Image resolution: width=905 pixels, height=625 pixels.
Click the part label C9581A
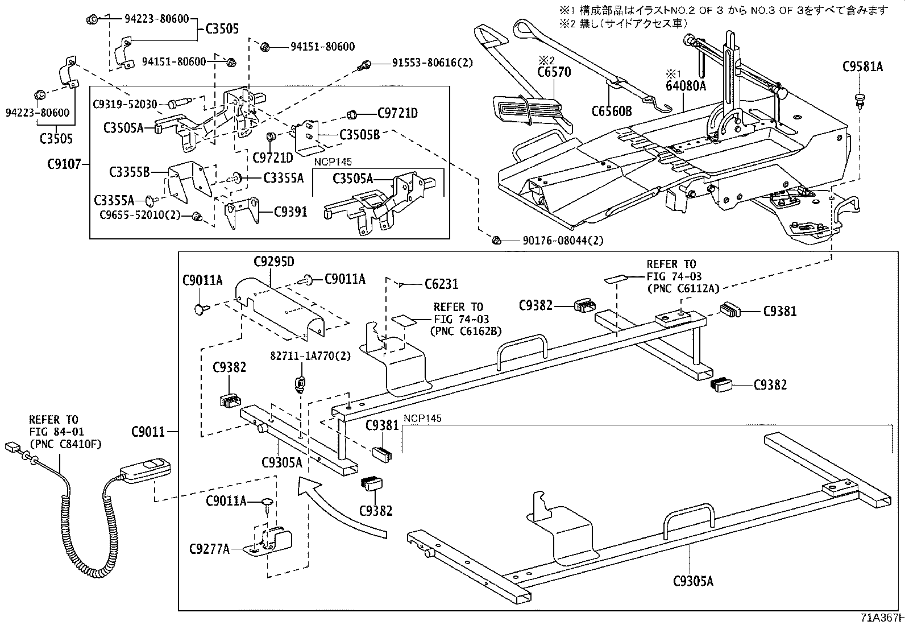(862, 67)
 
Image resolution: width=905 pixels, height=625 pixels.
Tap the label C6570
(554, 72)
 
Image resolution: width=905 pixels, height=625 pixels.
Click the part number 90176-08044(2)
(563, 241)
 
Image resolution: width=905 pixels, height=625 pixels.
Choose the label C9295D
(274, 262)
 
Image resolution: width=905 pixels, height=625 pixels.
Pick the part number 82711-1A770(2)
(310, 356)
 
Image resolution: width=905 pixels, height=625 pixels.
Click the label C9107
(66, 165)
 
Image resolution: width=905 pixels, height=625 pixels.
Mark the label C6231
(441, 284)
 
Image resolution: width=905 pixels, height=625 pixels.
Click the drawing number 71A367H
(882, 618)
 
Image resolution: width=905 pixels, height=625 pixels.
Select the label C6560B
(611, 111)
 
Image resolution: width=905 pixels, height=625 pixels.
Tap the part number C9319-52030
(125, 104)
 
